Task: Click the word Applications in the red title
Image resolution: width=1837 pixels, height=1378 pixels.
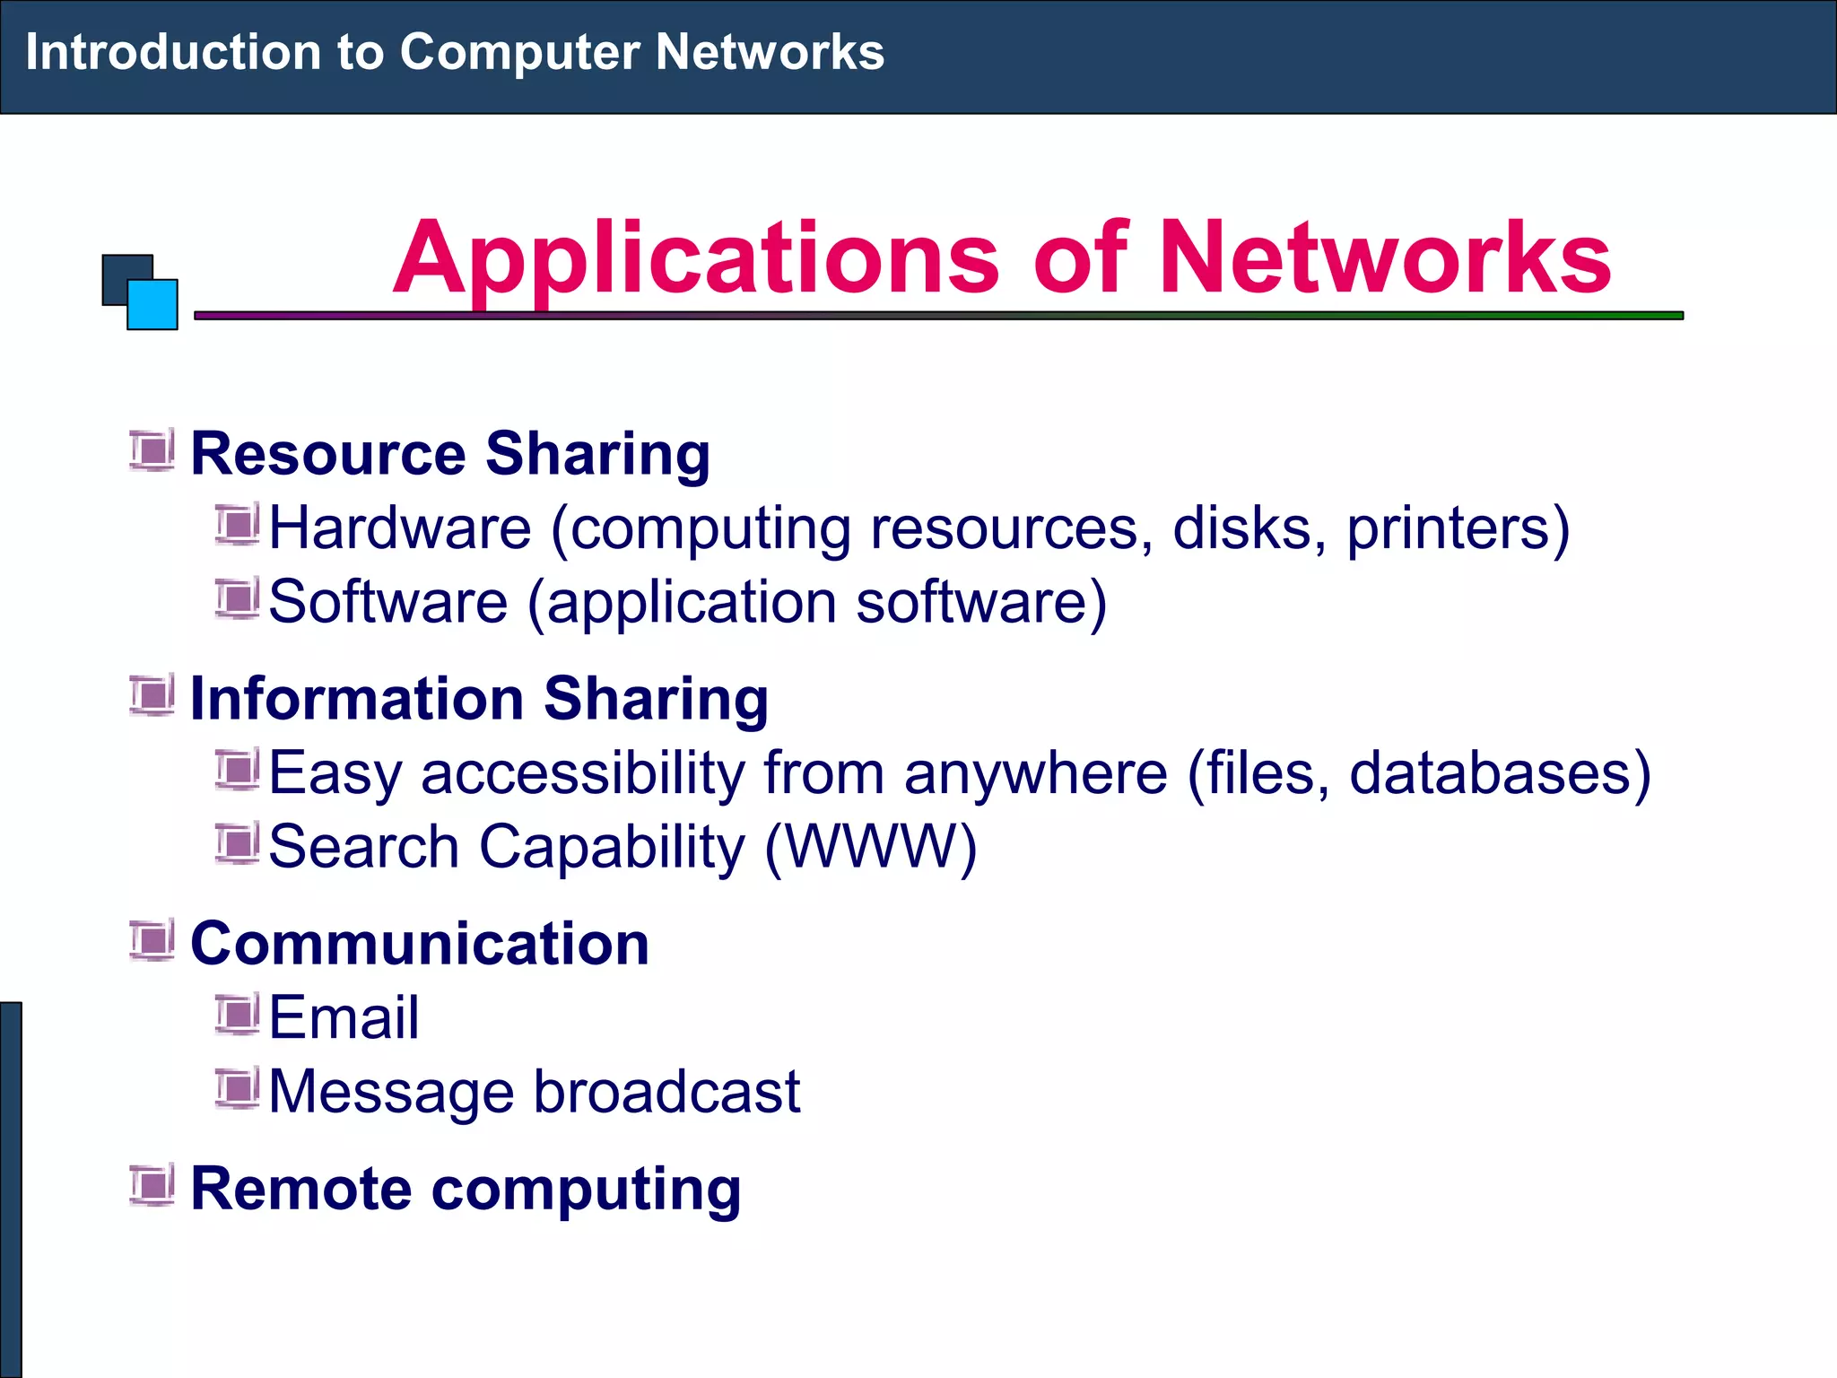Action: tap(696, 259)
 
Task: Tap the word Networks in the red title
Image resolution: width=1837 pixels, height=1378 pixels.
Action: tap(1385, 259)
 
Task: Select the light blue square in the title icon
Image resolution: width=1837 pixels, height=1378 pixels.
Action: tap(152, 305)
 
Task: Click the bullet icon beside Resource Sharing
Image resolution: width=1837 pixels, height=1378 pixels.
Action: tap(152, 450)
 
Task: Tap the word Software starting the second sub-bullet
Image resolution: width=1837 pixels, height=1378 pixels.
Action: tap(387, 602)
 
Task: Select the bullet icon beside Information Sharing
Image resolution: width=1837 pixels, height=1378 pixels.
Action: tap(152, 696)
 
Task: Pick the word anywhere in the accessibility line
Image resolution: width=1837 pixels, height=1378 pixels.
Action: tap(1035, 773)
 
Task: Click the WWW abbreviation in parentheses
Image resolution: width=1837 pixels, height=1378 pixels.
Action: tap(871, 847)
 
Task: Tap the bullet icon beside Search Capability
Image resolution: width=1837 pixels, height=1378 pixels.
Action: tap(237, 844)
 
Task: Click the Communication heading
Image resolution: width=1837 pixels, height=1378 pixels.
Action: tap(420, 944)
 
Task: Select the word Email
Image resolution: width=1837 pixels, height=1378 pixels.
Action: tap(344, 1018)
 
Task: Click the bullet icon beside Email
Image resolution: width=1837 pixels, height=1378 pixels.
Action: tap(237, 1015)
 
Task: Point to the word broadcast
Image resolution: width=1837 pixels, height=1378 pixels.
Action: tap(666, 1092)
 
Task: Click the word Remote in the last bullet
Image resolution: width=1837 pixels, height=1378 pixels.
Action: tap(301, 1190)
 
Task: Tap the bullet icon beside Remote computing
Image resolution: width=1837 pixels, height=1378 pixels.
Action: tap(152, 1186)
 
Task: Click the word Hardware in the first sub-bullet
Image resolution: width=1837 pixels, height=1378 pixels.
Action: tap(400, 528)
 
